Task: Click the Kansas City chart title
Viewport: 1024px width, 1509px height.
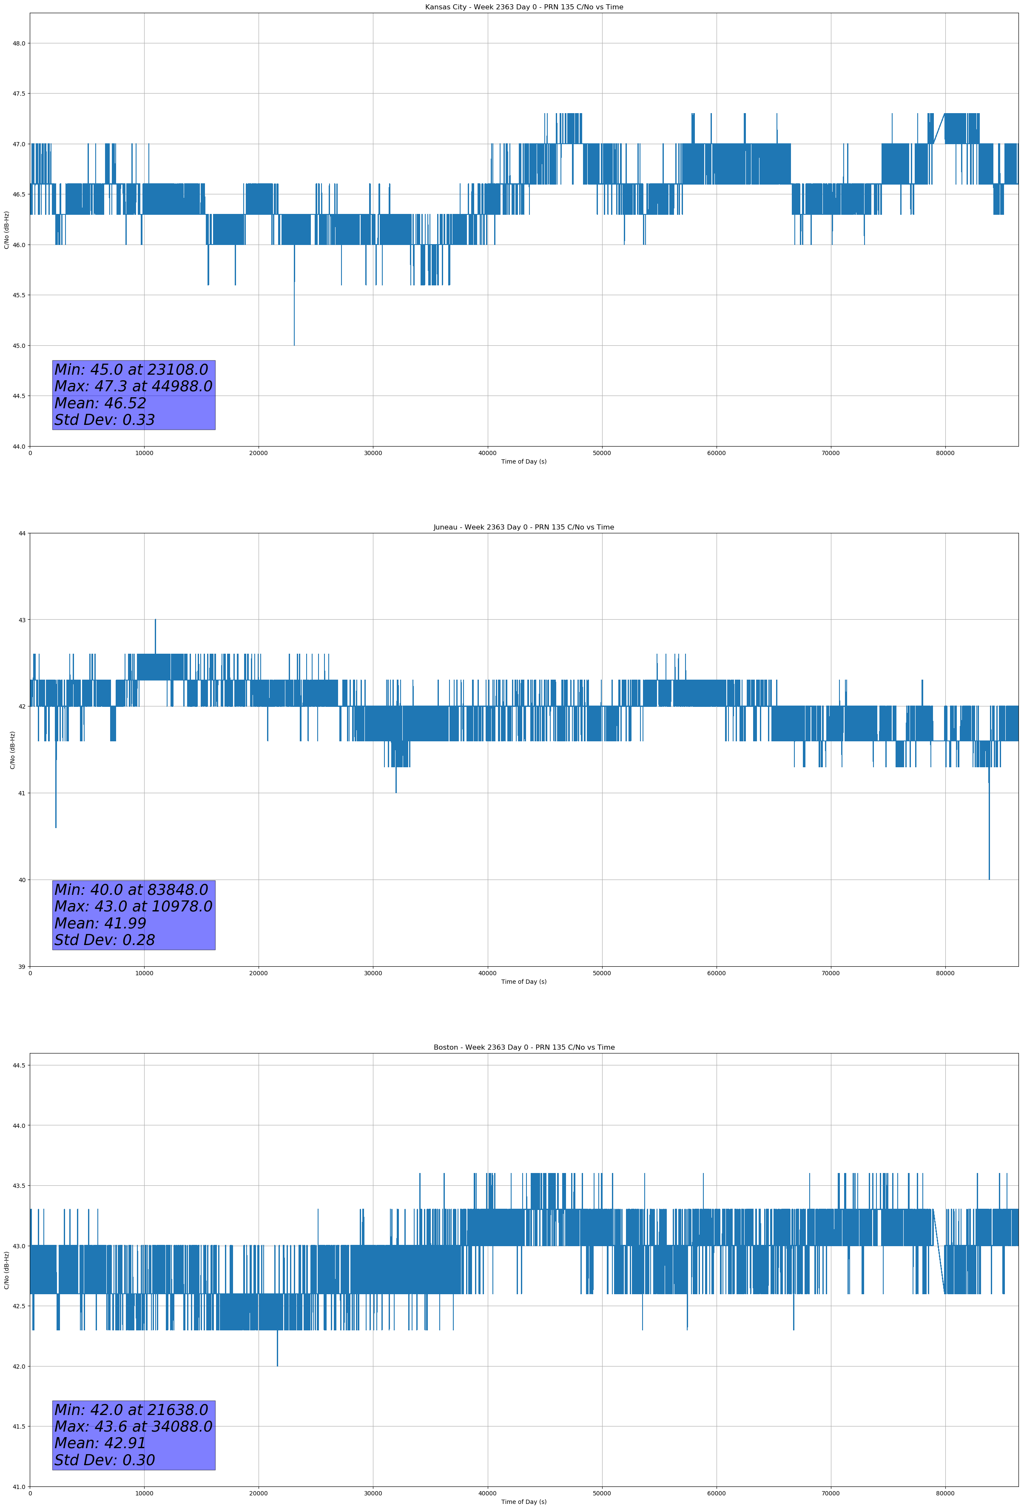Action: [523, 7]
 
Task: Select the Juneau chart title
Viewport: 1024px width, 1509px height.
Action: [523, 527]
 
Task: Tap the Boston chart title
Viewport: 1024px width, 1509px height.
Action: [523, 1048]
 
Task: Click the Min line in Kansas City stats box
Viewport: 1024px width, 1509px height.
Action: [131, 370]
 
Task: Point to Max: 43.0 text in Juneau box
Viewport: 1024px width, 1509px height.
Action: [133, 906]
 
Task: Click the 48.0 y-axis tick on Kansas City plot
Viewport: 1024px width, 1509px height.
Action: [19, 43]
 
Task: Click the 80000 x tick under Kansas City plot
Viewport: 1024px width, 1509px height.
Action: [945, 453]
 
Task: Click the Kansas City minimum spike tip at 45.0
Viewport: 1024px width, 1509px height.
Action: [294, 345]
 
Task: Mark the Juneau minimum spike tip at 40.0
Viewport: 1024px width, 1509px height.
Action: [989, 879]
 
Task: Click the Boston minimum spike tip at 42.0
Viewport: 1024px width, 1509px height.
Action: [277, 1366]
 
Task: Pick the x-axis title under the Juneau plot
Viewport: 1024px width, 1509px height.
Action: [523, 982]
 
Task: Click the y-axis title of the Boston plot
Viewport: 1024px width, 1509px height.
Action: [6, 1270]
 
